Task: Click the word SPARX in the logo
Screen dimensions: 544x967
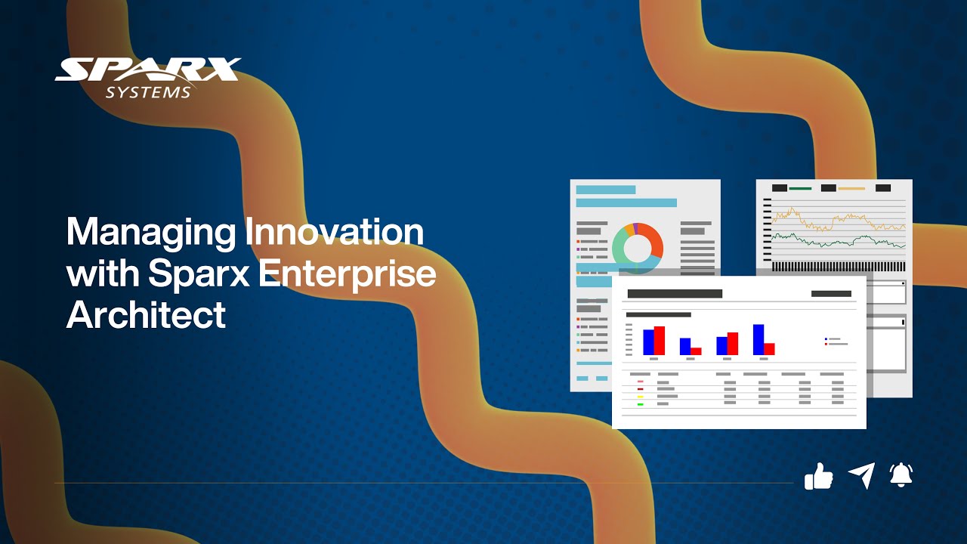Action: (148, 70)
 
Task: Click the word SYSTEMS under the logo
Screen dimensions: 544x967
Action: (148, 92)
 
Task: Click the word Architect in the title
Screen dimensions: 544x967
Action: (146, 314)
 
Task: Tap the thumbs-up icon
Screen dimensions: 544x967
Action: (818, 476)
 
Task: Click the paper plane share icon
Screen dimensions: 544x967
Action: (861, 475)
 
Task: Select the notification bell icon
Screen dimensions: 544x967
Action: (901, 474)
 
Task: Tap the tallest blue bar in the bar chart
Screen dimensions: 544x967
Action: (758, 339)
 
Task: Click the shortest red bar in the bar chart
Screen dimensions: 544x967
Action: (696, 351)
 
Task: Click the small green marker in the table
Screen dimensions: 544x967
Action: (640, 404)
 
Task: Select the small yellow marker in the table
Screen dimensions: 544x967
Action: (640, 397)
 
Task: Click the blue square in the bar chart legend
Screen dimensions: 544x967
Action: (826, 339)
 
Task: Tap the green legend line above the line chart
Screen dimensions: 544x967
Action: (800, 188)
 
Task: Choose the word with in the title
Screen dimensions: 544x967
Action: (102, 273)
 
